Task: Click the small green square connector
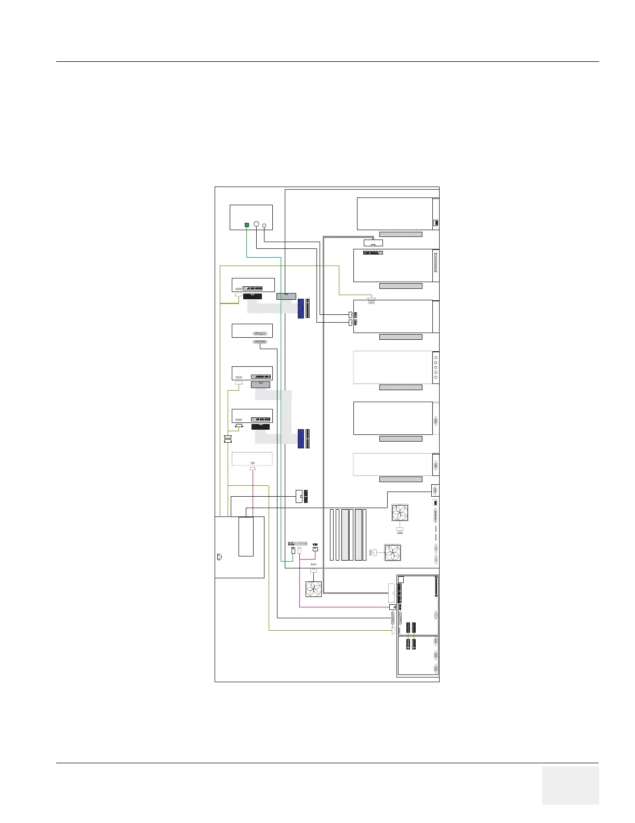[247, 225]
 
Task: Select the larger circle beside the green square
[256, 224]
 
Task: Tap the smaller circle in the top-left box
[264, 225]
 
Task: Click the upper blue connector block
[301, 308]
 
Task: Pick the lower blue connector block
[301, 439]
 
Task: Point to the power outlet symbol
[219, 557]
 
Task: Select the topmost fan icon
[400, 513]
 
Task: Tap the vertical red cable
[253, 494]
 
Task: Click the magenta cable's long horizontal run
[343, 607]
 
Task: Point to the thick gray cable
[324, 416]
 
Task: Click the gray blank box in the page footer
[570, 785]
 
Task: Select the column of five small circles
[435, 367]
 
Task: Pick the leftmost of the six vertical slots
[332, 535]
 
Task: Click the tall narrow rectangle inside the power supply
[246, 536]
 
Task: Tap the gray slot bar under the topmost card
[401, 234]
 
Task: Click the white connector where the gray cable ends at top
[373, 243]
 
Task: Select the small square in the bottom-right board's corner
[401, 579]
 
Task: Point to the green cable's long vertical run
[281, 405]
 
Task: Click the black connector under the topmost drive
[252, 297]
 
